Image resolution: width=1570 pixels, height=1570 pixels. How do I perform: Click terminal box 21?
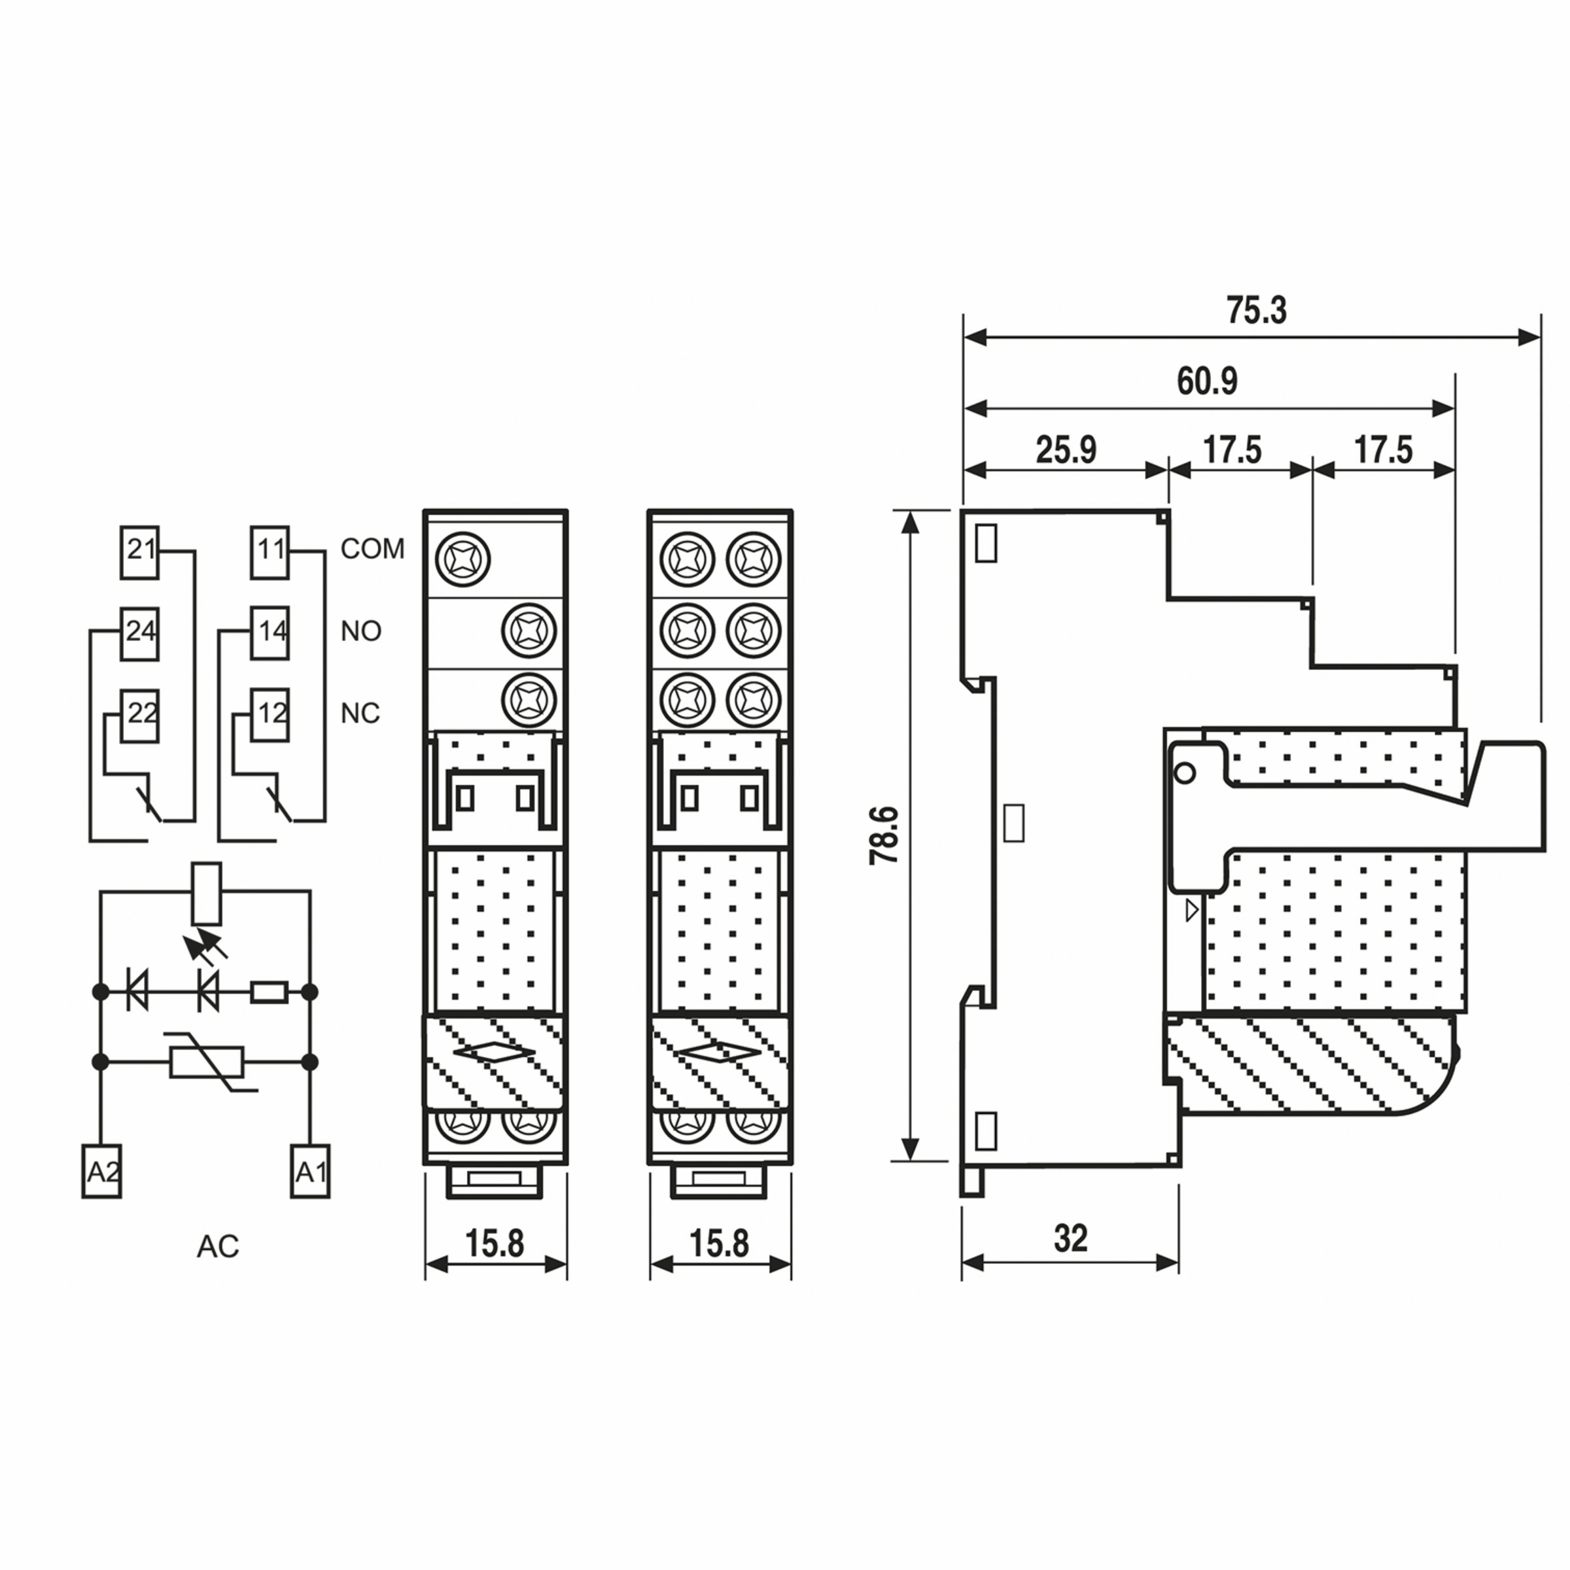[x=140, y=553]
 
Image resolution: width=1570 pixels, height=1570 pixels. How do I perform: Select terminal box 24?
[x=140, y=634]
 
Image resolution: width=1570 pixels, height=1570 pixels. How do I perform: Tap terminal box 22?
[x=140, y=716]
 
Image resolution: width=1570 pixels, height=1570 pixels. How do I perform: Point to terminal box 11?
[x=270, y=553]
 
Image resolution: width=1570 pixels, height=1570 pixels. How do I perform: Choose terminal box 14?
[x=270, y=634]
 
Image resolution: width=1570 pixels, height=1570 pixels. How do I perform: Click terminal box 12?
[x=270, y=716]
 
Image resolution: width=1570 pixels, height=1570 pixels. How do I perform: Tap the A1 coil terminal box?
[x=311, y=1171]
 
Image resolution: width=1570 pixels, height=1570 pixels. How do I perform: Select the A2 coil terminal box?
[x=101, y=1171]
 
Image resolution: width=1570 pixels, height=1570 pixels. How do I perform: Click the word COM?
[x=372, y=549]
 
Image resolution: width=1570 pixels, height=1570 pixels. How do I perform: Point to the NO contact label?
[x=361, y=631]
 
